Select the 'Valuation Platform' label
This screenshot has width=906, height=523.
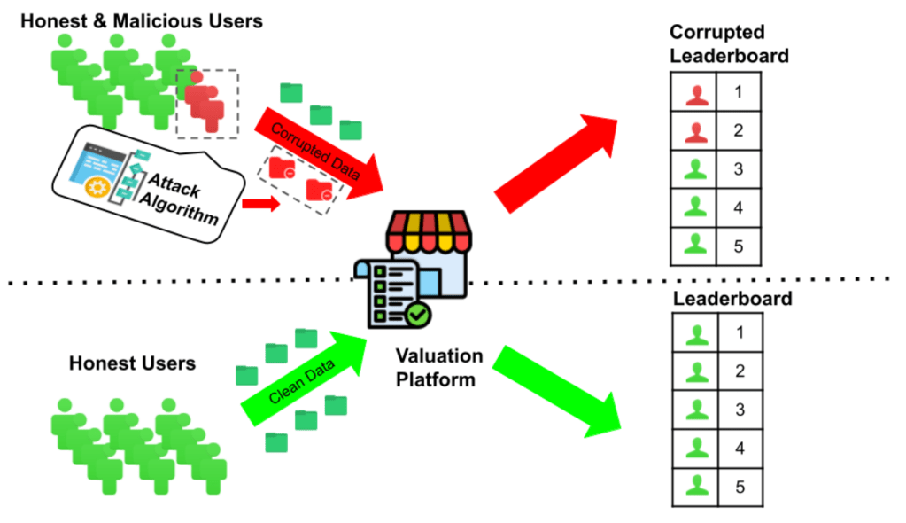tap(439, 368)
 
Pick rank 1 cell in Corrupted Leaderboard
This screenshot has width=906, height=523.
tap(738, 90)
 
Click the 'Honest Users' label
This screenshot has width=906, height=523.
tap(133, 363)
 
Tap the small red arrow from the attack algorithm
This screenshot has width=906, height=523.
tap(259, 205)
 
